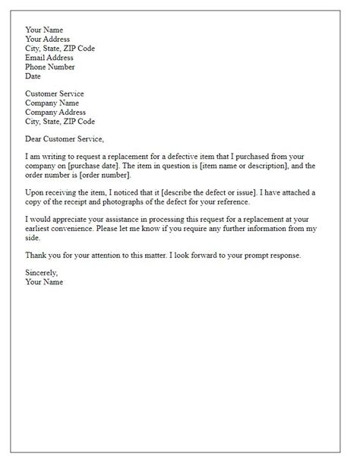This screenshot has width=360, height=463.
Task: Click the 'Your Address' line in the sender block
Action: [x=47, y=39]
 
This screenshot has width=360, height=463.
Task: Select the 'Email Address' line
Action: [x=49, y=57]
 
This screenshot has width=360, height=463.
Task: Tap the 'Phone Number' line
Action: [x=50, y=66]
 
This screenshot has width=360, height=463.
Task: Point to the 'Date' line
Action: [x=33, y=75]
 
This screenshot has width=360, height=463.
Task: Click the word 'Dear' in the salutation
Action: [x=35, y=138]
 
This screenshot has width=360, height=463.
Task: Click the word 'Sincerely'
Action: [x=42, y=272]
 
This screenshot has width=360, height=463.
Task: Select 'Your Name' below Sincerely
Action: [x=44, y=281]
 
